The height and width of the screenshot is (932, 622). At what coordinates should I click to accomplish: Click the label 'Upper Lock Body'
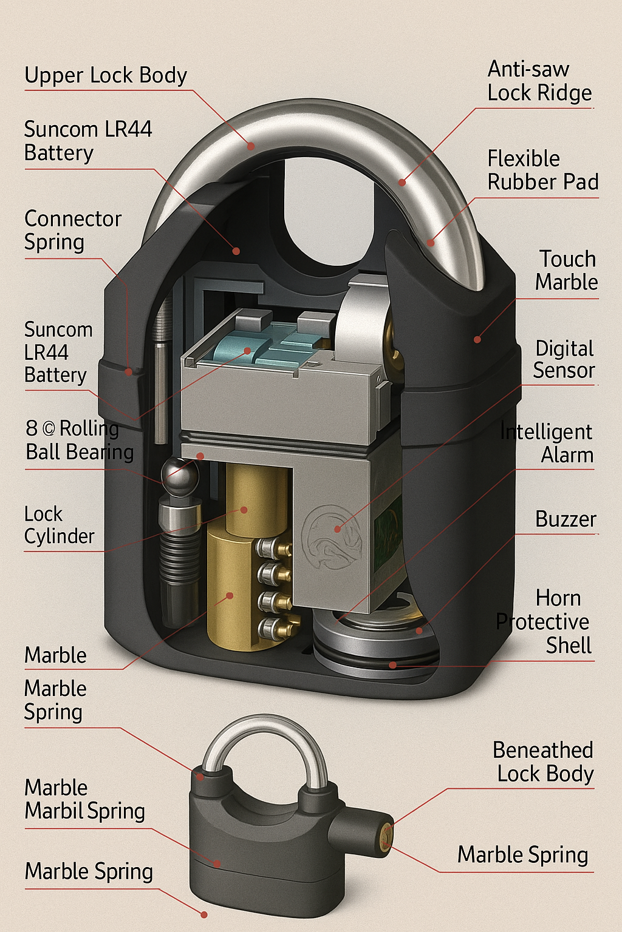pyautogui.click(x=105, y=75)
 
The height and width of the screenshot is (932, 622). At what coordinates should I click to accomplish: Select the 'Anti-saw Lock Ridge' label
pyautogui.click(x=539, y=81)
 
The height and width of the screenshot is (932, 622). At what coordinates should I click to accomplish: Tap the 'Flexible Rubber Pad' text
pyautogui.click(x=542, y=171)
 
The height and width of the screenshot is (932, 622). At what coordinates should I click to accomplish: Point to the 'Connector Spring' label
pyautogui.click(x=72, y=231)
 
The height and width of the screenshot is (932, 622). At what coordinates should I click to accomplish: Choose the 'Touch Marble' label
pyautogui.click(x=566, y=271)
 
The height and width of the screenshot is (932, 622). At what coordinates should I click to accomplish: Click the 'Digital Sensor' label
pyautogui.click(x=564, y=359)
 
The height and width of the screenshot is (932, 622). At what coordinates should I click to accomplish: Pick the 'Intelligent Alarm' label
pyautogui.click(x=546, y=444)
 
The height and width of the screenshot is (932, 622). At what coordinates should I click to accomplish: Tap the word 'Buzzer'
pyautogui.click(x=566, y=519)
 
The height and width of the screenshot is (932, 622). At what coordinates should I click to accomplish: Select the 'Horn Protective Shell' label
pyautogui.click(x=544, y=622)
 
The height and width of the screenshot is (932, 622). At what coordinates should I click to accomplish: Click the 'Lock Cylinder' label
pyautogui.click(x=59, y=525)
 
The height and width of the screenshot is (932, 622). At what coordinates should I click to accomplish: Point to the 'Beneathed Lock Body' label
pyautogui.click(x=542, y=762)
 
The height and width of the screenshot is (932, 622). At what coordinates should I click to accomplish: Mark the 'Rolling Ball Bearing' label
pyautogui.click(x=80, y=441)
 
